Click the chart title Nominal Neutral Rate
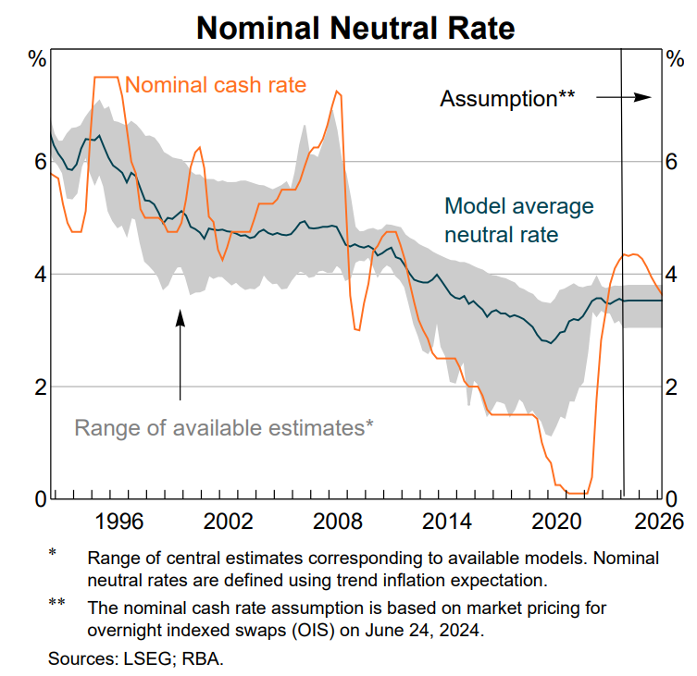coord(355,28)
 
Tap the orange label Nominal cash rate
coord(215,85)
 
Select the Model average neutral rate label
coord(518,220)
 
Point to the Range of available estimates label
coord(223,427)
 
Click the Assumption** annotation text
coord(507,99)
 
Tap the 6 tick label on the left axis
coord(40,162)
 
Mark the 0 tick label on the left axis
coord(40,499)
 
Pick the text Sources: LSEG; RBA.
coord(136,659)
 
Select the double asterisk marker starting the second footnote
coord(57,606)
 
